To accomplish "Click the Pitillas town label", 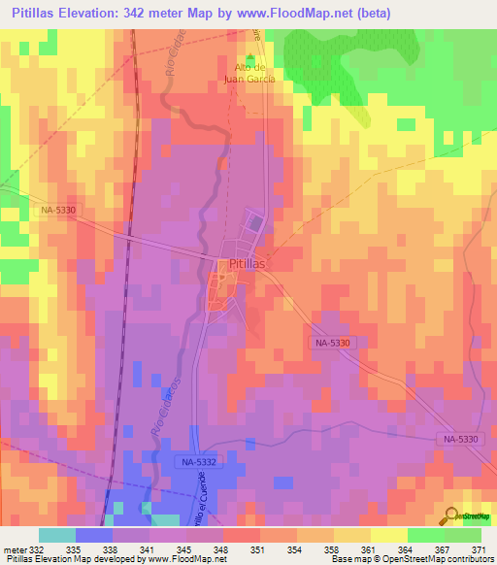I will click(248, 263).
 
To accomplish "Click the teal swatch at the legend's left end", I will click(56, 535).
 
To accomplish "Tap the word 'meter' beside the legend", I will click(15, 548).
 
